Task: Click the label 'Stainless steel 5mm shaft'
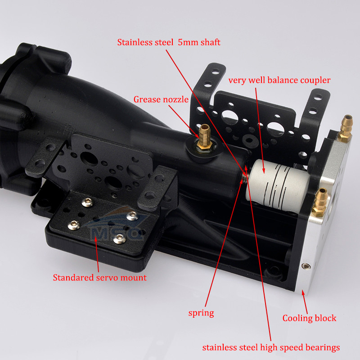[169, 43]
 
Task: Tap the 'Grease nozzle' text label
[161, 99]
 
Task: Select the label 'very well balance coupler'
[279, 81]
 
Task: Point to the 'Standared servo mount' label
[99, 278]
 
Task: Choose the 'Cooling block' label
[309, 318]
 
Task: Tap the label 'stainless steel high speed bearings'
[271, 347]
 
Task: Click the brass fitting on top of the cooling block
[347, 126]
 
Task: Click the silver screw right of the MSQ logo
[131, 216]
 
